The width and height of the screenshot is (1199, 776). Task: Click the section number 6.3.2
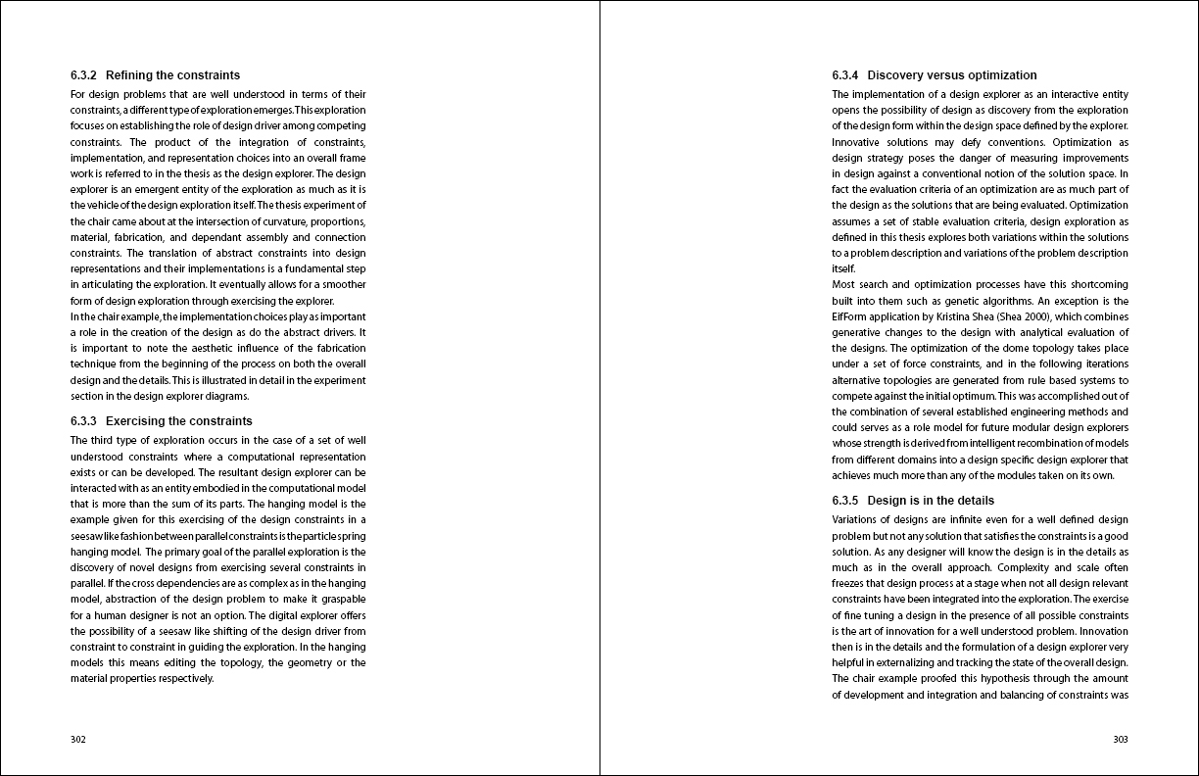point(83,75)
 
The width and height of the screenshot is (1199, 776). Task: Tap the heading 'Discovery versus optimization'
point(952,75)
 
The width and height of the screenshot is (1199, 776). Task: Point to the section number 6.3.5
point(845,501)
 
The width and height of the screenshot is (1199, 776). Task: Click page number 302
point(78,740)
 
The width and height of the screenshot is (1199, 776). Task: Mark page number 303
point(1121,740)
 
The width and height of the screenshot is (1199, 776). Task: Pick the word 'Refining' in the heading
point(128,75)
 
